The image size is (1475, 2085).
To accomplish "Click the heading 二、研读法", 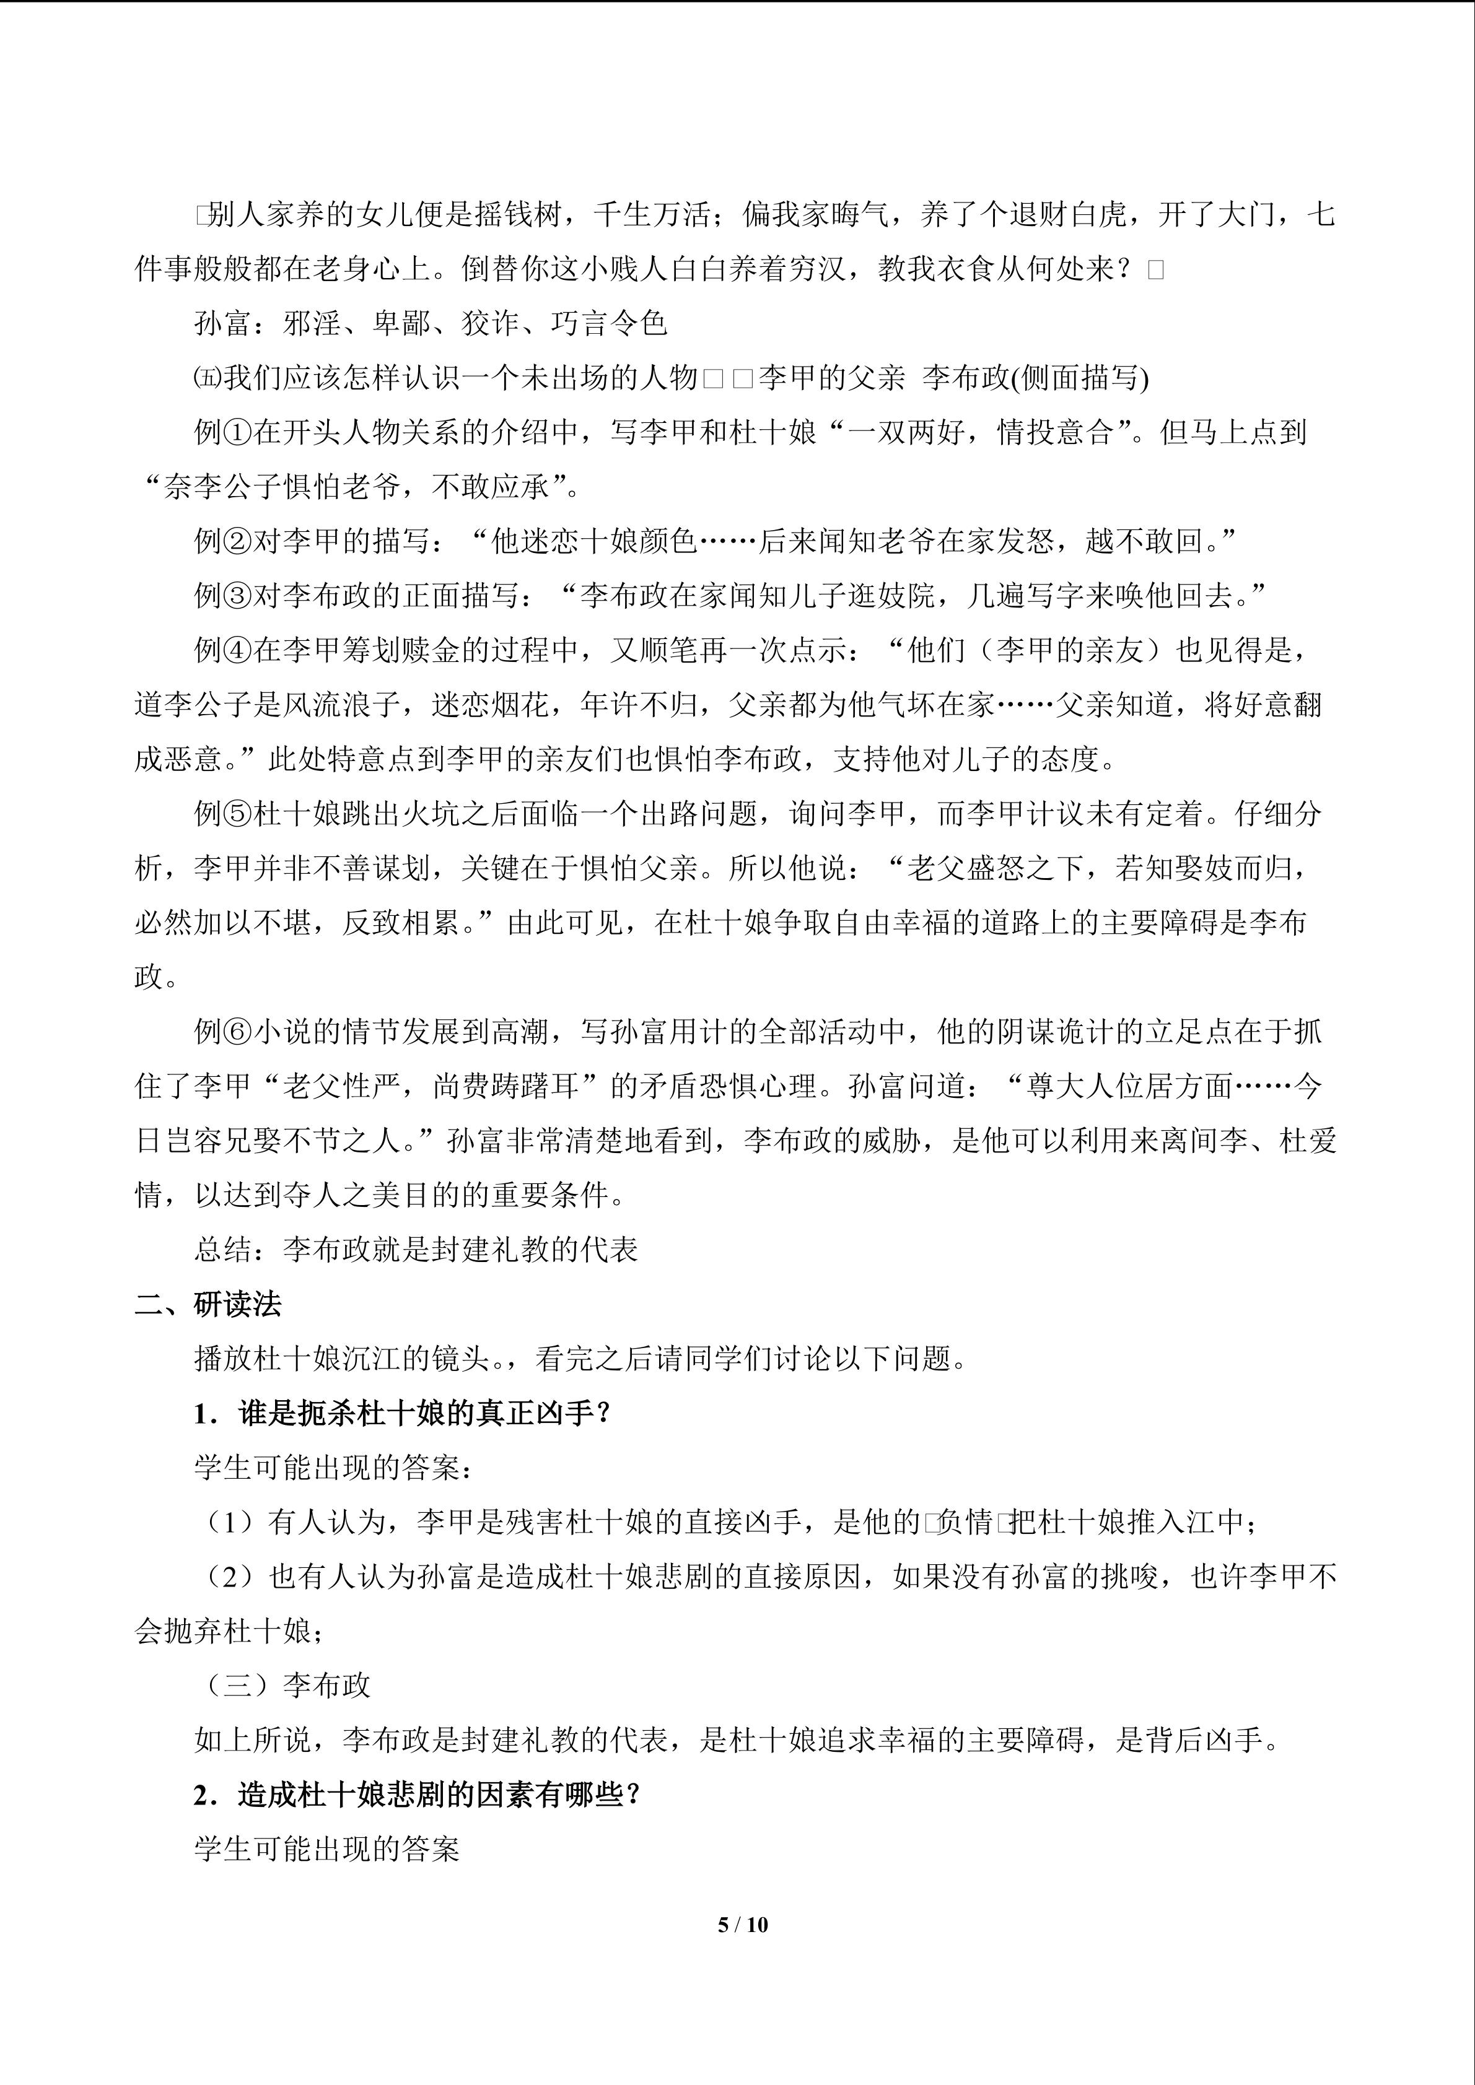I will (208, 1305).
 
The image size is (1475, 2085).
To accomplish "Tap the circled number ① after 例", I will (238, 433).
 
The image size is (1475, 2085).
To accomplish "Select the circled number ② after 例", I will (238, 542).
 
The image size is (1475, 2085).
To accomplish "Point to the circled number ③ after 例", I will (238, 596).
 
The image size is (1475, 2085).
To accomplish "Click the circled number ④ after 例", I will (238, 651).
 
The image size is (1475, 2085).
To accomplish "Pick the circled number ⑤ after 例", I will (238, 814).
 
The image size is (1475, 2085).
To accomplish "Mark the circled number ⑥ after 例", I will (238, 1032).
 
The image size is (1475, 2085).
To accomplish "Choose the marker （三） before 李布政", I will (238, 1686).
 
